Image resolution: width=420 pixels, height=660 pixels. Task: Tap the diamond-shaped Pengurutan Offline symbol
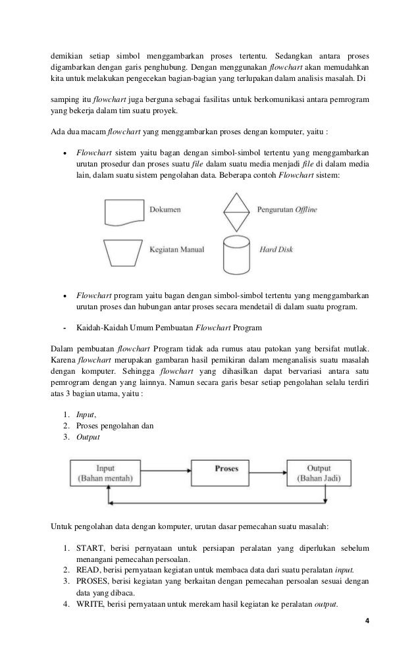coord(236,210)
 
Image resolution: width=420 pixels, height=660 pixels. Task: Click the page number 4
coord(367,621)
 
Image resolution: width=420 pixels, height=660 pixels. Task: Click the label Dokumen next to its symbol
coord(165,210)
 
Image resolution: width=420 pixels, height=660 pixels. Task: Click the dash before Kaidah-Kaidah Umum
coord(65,327)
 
